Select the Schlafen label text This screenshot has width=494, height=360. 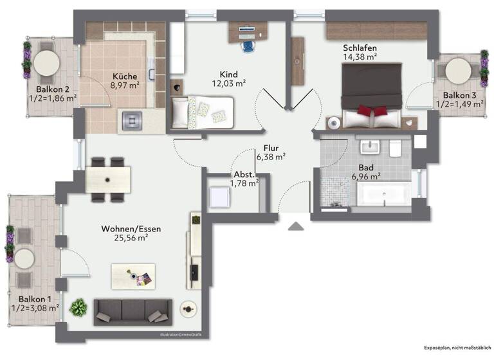point(359,48)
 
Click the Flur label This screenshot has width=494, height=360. point(270,147)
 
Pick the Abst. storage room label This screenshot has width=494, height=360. point(244,174)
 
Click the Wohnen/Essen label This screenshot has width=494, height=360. point(131,228)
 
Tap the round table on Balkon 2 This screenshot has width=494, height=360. point(46,63)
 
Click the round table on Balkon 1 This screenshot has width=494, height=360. point(24,259)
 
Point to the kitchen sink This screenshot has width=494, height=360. point(133,119)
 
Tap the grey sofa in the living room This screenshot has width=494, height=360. point(133,311)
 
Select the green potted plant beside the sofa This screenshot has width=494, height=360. point(78,308)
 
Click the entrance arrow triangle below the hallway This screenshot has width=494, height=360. point(296,226)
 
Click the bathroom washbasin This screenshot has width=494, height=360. point(370,148)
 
